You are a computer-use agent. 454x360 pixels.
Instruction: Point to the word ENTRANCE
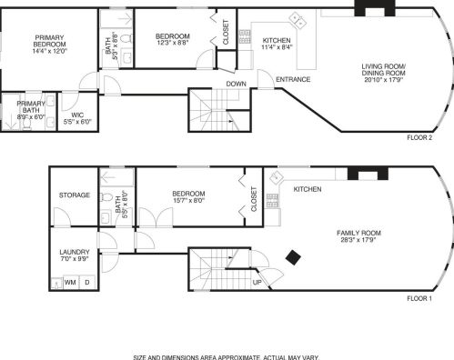(293, 79)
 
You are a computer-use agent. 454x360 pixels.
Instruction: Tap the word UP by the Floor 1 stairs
(257, 283)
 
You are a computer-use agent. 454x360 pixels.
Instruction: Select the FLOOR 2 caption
(419, 138)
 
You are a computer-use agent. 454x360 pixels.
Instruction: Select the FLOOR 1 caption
(419, 299)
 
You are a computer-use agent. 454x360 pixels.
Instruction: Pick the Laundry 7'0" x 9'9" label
(73, 255)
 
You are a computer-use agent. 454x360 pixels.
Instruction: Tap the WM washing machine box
(70, 283)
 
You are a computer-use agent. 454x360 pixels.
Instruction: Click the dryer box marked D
(87, 283)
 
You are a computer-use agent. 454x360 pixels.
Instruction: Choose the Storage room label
(75, 195)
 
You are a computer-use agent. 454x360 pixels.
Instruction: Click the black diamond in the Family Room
(293, 258)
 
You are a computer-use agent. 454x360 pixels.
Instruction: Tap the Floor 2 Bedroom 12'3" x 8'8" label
(172, 39)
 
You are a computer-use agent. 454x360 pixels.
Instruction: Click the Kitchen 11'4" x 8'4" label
(277, 45)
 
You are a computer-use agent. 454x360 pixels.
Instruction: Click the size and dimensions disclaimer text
(227, 356)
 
